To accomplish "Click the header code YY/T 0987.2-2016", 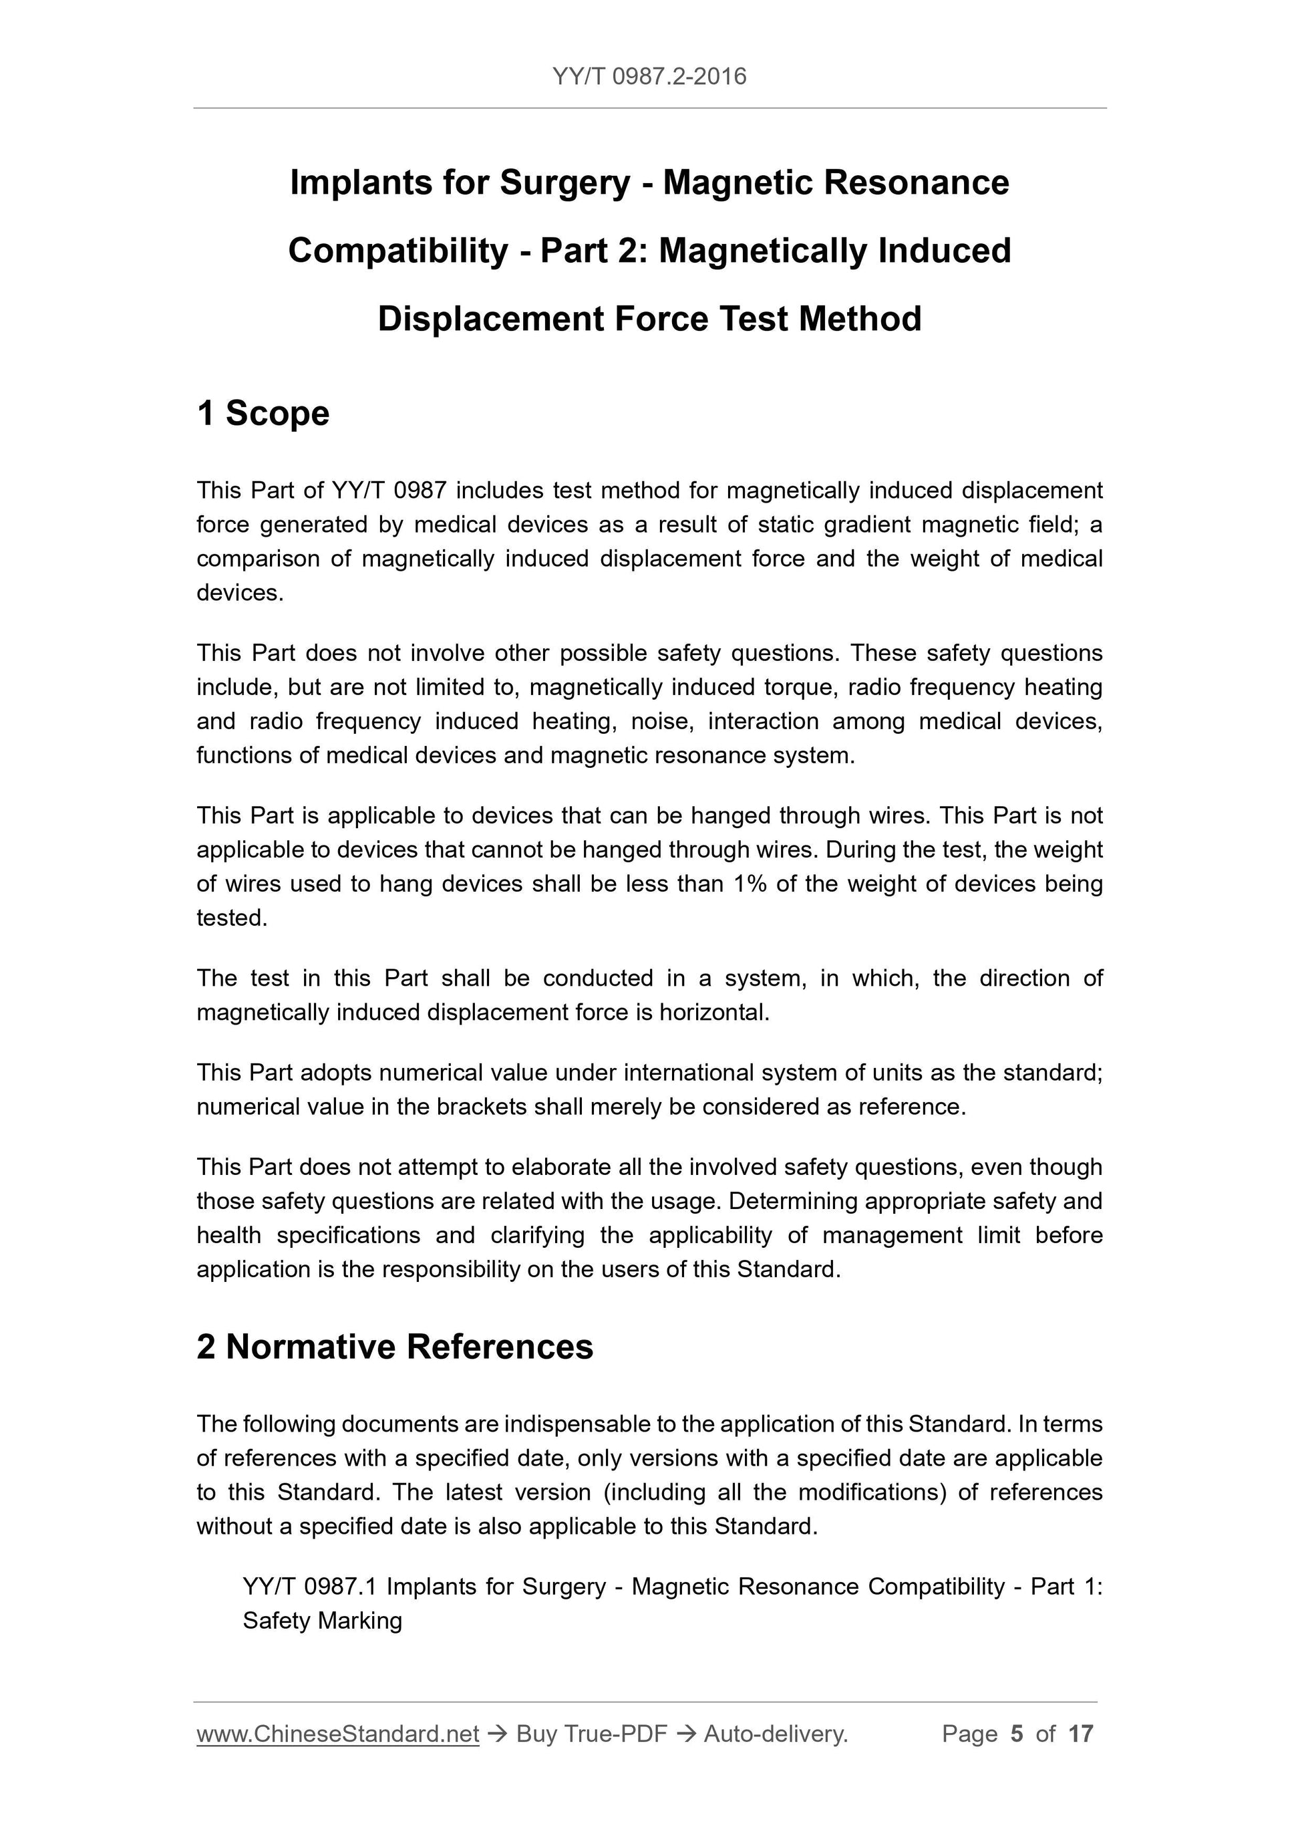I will point(649,77).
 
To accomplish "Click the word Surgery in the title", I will point(564,182).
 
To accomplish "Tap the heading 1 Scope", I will point(263,414).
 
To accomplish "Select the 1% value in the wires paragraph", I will point(749,884).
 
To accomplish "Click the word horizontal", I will point(713,1013).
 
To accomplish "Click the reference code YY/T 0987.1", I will point(309,1587).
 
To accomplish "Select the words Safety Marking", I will point(322,1621).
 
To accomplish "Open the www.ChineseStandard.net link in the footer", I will point(337,1734).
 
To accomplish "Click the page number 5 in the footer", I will point(1017,1734).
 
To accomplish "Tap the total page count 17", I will point(1080,1734).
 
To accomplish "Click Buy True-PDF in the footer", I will point(591,1734).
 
